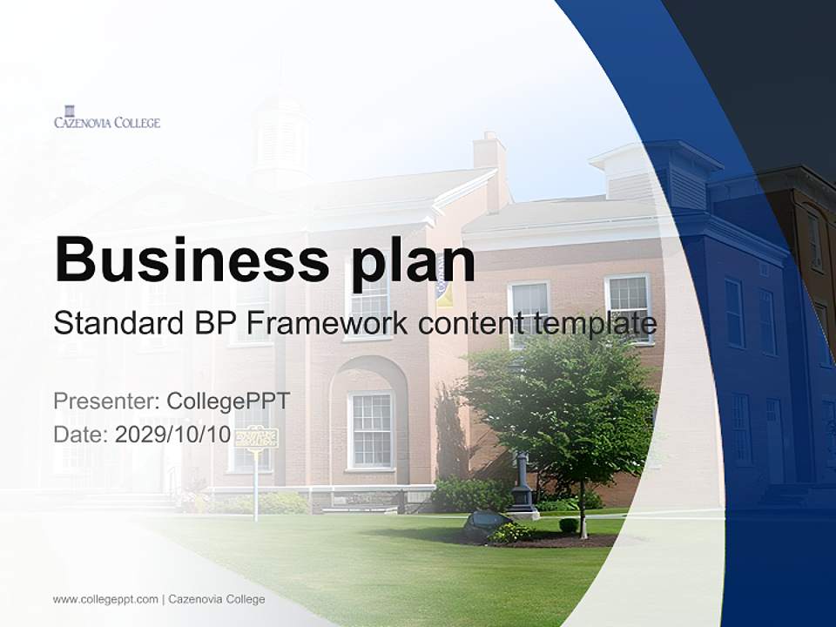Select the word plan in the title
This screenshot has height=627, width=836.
coord(414,261)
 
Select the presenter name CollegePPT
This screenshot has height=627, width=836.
coord(227,401)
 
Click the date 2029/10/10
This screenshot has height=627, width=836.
coord(173,435)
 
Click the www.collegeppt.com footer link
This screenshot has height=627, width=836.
coord(105,599)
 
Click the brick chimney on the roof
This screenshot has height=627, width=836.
coord(490,165)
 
